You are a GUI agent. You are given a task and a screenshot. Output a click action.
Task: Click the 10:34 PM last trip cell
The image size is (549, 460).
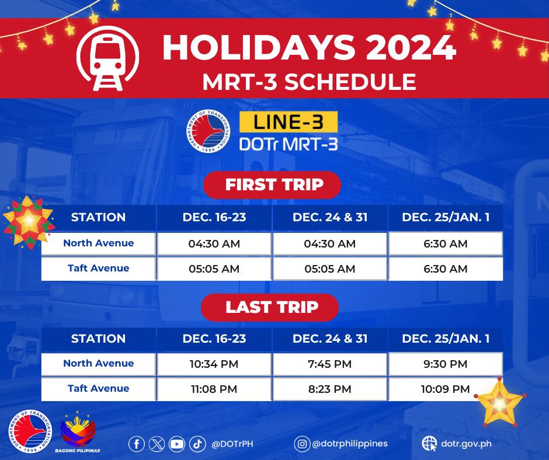point(214,364)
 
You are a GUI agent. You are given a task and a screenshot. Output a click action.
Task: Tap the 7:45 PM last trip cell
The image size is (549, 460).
point(330,364)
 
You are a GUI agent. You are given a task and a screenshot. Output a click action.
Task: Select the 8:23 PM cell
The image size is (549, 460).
point(330,389)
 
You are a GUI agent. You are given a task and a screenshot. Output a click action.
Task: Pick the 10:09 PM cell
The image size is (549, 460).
point(445,389)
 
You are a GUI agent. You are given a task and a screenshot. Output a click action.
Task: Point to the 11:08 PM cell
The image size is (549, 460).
point(214,389)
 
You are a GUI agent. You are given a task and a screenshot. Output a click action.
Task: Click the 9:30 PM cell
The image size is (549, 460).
point(445,364)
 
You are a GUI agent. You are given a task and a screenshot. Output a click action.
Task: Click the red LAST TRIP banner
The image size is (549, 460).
point(272,307)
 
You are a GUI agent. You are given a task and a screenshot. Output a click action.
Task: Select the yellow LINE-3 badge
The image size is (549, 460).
point(289,122)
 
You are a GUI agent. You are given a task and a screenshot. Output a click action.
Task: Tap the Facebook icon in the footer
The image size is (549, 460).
point(136,444)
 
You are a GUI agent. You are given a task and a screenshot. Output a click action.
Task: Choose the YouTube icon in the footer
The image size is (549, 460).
point(176,444)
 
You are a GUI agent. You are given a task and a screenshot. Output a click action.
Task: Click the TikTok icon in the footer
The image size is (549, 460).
point(197,444)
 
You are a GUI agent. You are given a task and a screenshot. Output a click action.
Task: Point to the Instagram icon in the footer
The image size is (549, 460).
point(302,444)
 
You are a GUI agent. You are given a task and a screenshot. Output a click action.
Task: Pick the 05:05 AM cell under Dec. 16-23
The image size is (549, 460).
point(214,269)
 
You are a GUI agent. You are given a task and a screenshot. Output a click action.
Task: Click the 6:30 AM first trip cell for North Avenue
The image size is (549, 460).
point(445,244)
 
